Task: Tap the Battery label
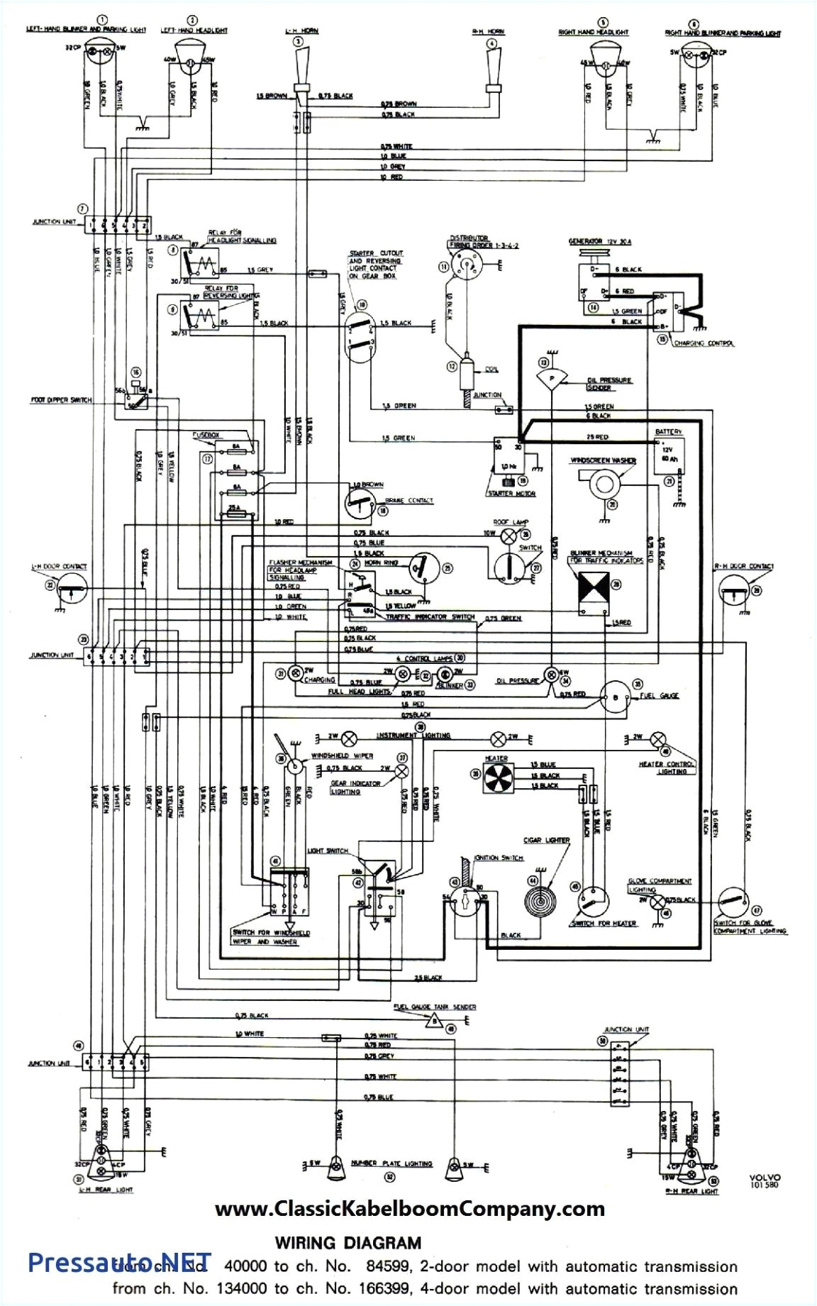click(668, 431)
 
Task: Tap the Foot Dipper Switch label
click(61, 400)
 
